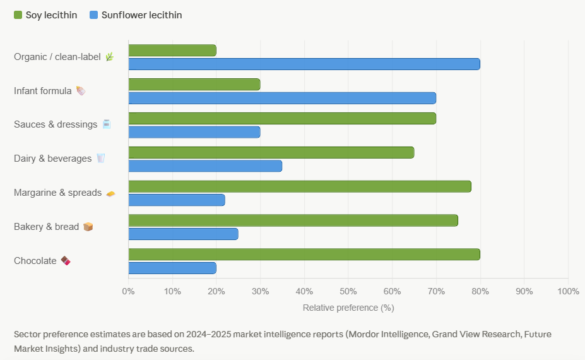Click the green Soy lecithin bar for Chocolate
(304, 255)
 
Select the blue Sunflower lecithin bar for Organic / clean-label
(304, 64)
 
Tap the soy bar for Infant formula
(194, 85)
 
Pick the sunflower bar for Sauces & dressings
(194, 132)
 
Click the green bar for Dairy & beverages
(271, 153)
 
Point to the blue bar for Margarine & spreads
(176, 200)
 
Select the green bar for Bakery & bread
(293, 220)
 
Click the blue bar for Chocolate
(172, 268)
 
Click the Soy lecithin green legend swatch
(18, 15)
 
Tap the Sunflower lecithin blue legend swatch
(93, 15)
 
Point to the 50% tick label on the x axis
(348, 291)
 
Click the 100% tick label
(568, 291)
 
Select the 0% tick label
(128, 291)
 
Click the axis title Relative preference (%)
(348, 308)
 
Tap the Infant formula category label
(43, 91)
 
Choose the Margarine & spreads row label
(57, 193)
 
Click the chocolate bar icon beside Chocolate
(66, 261)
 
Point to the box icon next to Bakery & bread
(88, 227)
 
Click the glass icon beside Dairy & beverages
(100, 159)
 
